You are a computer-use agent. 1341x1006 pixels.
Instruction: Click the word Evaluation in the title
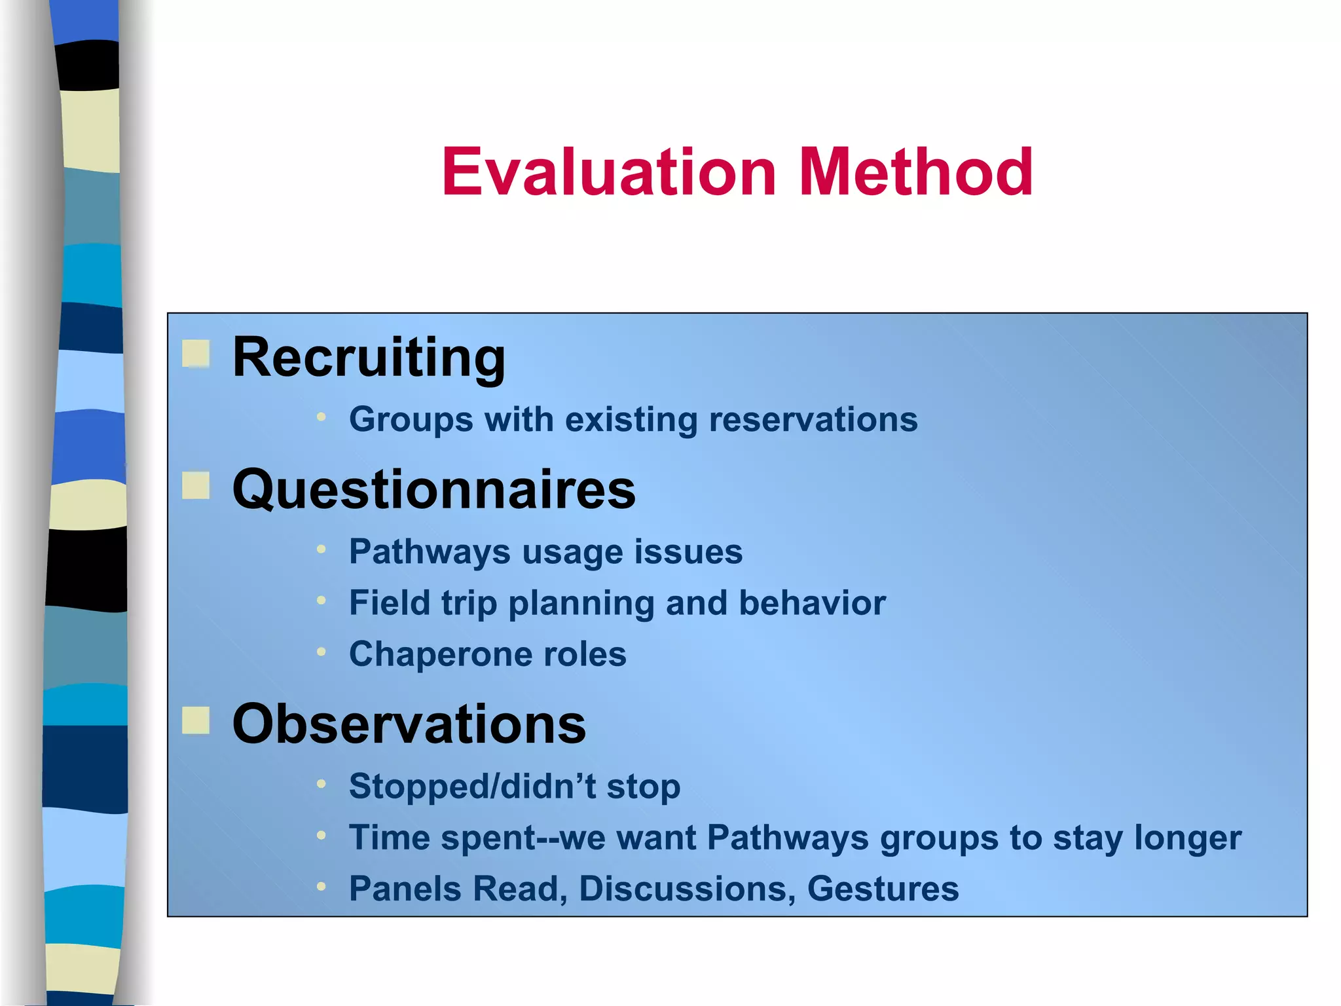tap(609, 172)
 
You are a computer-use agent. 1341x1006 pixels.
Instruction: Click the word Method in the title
tap(915, 172)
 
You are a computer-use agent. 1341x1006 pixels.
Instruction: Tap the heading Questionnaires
tap(433, 490)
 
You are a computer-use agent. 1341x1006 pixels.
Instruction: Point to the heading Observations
tap(409, 724)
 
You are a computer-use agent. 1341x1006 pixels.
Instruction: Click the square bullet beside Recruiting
tap(196, 354)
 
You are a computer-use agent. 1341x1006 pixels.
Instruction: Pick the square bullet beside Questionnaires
tap(196, 486)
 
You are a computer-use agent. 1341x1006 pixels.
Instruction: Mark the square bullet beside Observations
tap(196, 720)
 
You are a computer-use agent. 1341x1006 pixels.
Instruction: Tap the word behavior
tap(812, 603)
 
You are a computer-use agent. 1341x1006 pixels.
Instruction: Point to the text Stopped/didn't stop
tap(514, 787)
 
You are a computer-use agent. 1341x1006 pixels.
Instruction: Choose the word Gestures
tap(883, 889)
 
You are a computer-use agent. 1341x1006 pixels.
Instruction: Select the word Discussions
tap(687, 889)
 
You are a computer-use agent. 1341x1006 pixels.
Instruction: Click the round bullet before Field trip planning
tap(321, 600)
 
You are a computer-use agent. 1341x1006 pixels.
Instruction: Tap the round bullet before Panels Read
tap(321, 887)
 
